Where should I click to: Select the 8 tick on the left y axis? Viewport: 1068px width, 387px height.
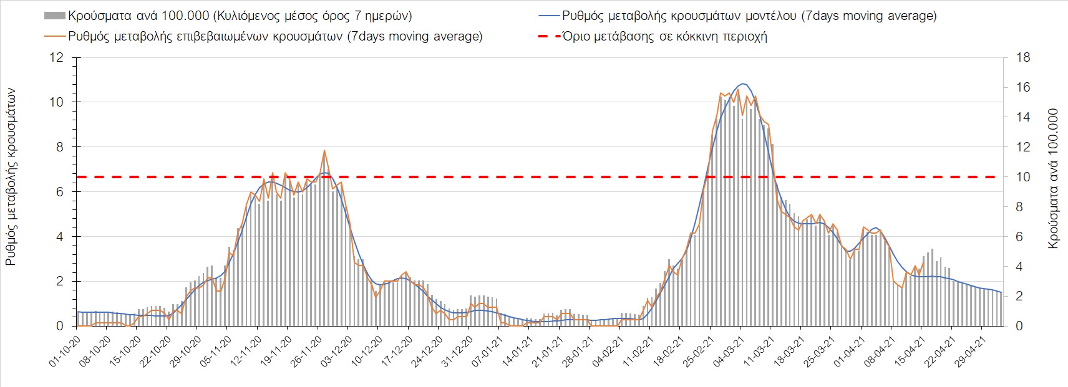click(60, 147)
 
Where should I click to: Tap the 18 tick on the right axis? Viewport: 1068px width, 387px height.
click(1024, 58)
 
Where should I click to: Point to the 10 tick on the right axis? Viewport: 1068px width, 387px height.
click(1024, 177)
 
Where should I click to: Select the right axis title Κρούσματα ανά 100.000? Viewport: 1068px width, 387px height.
click(1054, 179)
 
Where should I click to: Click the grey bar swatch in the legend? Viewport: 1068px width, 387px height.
click(55, 15)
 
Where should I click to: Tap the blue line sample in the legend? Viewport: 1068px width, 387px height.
click(547, 15)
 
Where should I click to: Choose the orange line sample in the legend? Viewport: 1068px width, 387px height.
click(55, 36)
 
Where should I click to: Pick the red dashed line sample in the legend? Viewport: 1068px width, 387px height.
click(547, 36)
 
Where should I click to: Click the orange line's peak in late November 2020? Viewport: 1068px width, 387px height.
click(324, 151)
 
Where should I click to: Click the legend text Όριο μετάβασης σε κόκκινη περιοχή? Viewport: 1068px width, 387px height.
click(664, 36)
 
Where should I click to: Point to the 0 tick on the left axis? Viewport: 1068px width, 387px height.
click(60, 326)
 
